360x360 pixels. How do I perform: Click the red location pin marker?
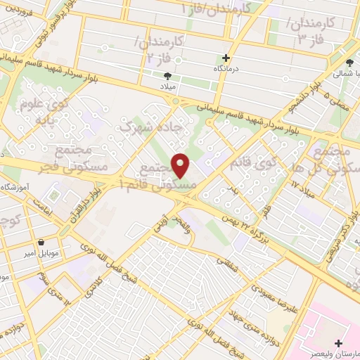coord(181,166)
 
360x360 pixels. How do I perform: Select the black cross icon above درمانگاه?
coord(226,58)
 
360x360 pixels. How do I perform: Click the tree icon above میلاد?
coord(167,75)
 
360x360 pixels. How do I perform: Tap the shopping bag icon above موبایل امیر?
coord(41,242)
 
